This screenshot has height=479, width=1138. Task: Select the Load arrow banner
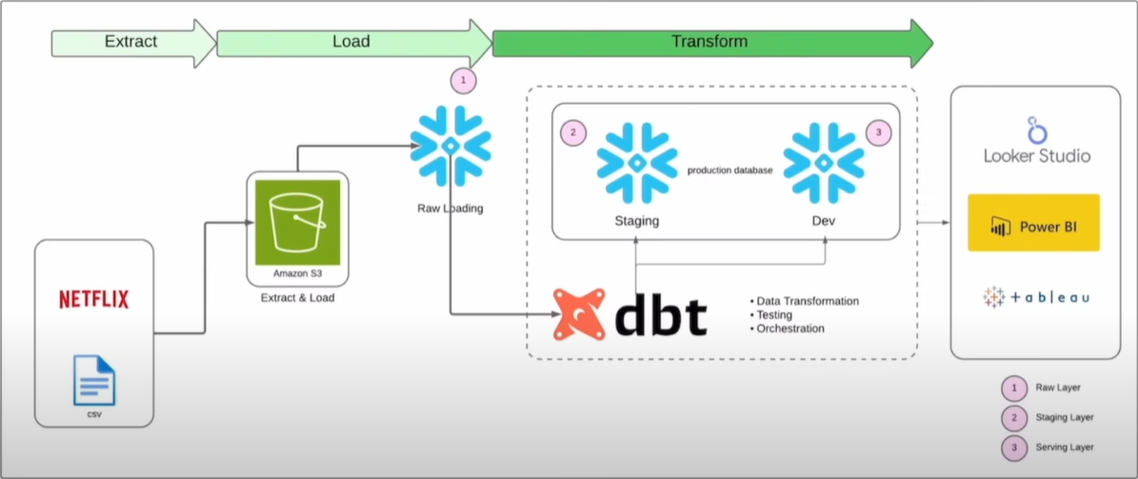351,43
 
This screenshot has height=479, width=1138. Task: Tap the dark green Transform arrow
709,42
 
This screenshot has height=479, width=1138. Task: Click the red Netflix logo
93,300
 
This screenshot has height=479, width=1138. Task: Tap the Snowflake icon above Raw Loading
450,146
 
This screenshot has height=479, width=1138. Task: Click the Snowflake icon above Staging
636,162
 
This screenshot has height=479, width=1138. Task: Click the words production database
730,170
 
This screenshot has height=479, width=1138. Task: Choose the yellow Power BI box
1033,223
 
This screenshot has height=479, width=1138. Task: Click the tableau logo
1036,297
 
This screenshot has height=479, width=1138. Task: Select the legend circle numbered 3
1014,447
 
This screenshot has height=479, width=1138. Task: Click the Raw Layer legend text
1057,388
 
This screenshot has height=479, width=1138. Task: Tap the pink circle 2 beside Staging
572,133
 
